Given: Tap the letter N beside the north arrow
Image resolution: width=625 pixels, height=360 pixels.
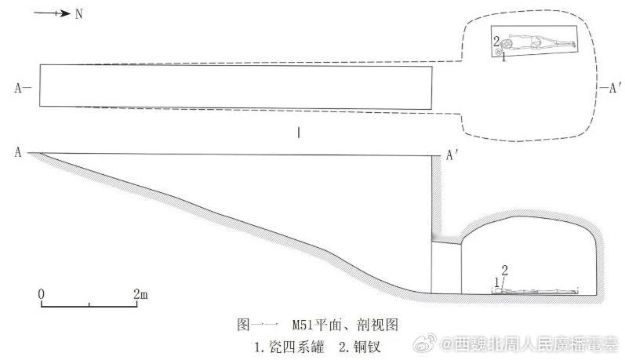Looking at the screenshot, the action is coord(78,14).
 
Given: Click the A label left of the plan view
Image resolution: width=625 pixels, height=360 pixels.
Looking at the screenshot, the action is coord(20,88).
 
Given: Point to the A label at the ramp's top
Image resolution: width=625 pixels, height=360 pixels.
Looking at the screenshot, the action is coord(17,152).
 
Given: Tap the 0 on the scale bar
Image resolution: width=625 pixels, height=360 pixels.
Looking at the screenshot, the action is coord(42,294).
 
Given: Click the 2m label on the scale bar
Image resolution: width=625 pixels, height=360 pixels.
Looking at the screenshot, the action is coord(141,294).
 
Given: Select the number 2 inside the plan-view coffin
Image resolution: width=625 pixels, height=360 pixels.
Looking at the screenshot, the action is coord(496,38).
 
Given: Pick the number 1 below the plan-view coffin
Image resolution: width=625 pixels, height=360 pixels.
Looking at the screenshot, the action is coord(503,56).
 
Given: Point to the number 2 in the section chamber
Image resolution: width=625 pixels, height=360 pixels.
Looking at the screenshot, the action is coord(504,270).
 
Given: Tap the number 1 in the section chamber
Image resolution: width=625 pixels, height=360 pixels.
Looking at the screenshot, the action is coord(496,280).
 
